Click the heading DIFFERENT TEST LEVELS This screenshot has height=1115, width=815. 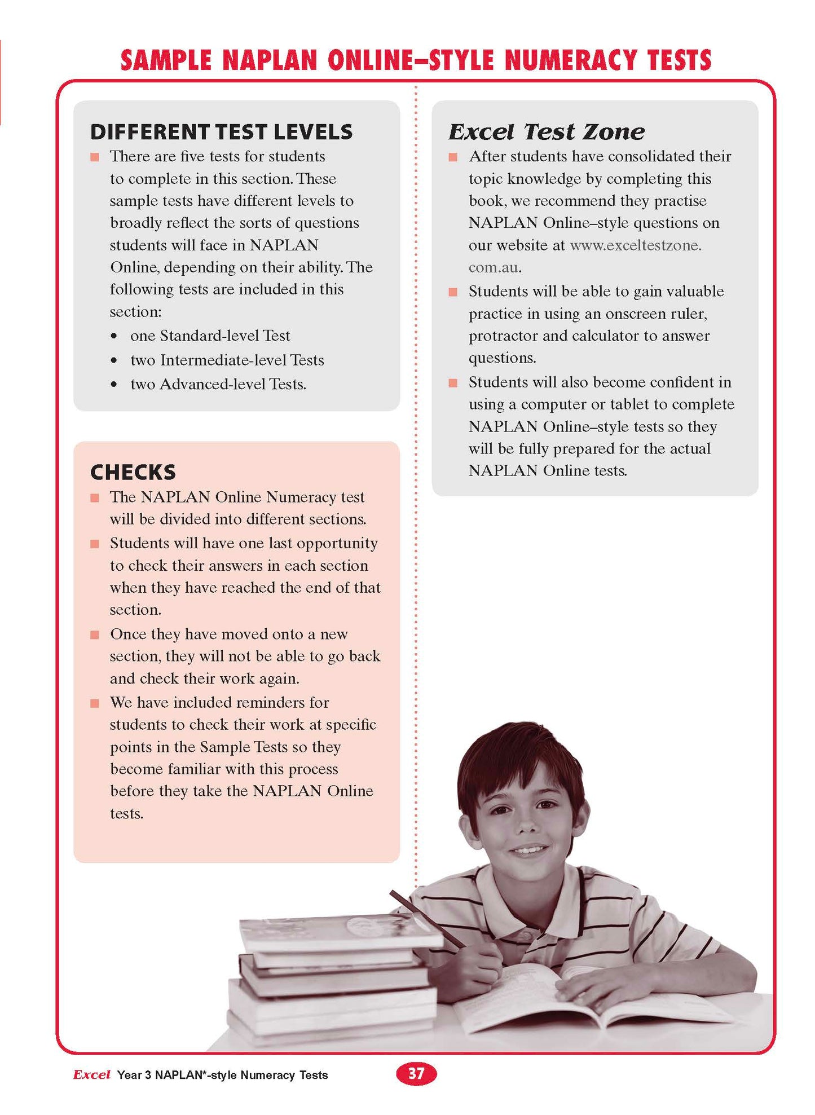pyautogui.click(x=221, y=132)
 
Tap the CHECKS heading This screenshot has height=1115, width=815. pyautogui.click(x=133, y=472)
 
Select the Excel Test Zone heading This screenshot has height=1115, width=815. pyautogui.click(x=546, y=132)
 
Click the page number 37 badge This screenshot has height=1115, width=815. pyautogui.click(x=416, y=1073)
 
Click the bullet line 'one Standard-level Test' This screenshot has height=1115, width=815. pyautogui.click(x=210, y=336)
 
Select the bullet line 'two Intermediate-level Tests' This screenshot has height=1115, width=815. pyautogui.click(x=227, y=360)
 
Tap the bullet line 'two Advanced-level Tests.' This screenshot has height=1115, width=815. pyautogui.click(x=218, y=384)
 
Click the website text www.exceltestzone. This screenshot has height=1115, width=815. pyautogui.click(x=636, y=245)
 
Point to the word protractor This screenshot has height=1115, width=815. pyautogui.click(x=503, y=336)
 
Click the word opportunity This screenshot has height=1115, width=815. pyautogui.click(x=337, y=543)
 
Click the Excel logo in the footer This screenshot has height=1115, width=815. pyautogui.click(x=91, y=1074)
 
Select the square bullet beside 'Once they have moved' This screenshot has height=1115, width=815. pyautogui.click(x=95, y=635)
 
